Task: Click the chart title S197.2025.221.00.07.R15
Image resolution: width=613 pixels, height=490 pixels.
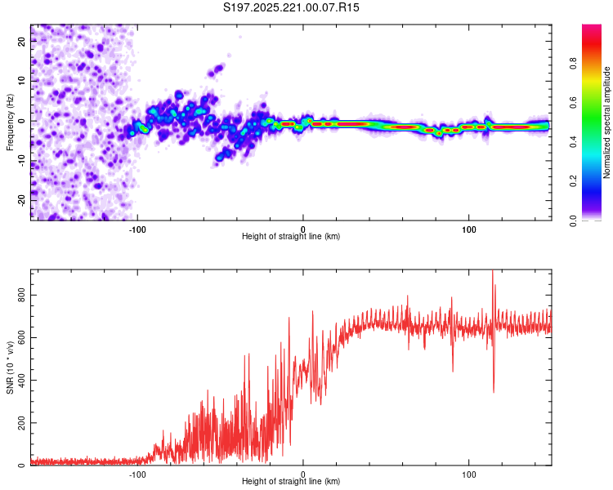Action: click(x=292, y=7)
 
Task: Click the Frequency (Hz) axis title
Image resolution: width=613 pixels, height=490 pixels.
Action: click(x=10, y=122)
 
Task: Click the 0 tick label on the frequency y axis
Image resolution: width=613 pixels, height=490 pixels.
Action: click(x=22, y=121)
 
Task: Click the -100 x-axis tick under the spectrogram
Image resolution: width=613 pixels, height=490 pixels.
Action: click(x=137, y=229)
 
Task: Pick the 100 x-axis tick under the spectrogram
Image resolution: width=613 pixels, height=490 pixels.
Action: click(x=469, y=229)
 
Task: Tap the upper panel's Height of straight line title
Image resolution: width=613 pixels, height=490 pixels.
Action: click(x=291, y=237)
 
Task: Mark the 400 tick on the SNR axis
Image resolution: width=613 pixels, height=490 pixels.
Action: click(x=22, y=381)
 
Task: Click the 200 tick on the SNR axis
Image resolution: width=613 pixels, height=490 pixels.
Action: click(x=22, y=423)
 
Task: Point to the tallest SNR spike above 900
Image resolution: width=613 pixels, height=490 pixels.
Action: click(x=492, y=273)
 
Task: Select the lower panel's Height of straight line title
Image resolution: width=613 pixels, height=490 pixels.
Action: click(x=291, y=482)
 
